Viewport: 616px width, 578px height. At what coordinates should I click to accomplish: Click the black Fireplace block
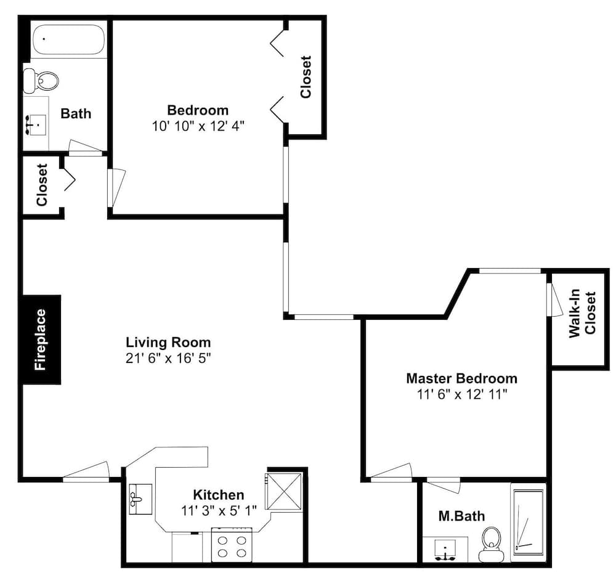click(x=41, y=340)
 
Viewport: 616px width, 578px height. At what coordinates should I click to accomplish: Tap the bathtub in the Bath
click(x=68, y=40)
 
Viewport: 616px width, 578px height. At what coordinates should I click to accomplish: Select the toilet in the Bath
click(x=41, y=80)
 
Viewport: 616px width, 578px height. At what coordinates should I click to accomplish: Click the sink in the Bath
click(x=36, y=124)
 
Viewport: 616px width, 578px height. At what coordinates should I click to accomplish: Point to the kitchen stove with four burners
click(x=232, y=544)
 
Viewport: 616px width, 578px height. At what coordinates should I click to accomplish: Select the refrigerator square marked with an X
click(x=284, y=490)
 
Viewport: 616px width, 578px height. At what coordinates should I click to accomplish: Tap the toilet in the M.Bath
click(x=492, y=543)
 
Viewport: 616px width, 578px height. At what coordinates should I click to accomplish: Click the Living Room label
click(x=168, y=342)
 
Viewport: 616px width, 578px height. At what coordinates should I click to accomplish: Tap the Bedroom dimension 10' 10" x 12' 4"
click(x=198, y=126)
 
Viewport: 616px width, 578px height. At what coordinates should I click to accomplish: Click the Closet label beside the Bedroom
click(x=306, y=77)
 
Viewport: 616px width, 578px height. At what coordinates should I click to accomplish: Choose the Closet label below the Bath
click(x=42, y=184)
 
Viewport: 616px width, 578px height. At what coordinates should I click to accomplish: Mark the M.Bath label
click(x=461, y=516)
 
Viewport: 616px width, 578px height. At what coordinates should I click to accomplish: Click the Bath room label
click(x=76, y=113)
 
